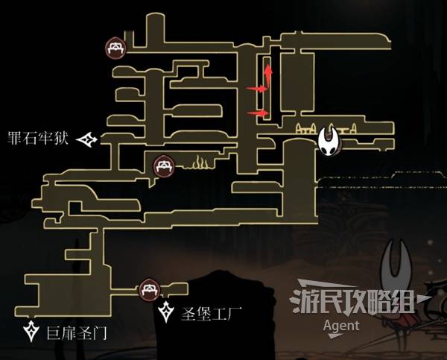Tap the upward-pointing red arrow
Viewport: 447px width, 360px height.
pos(267,74)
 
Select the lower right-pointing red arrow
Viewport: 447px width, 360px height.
pos(258,113)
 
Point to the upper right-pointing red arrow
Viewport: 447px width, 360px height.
pos(256,89)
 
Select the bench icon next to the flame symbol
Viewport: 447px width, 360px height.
pos(164,165)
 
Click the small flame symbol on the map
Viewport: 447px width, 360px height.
pos(200,162)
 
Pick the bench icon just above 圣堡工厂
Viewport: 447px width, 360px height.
pos(148,288)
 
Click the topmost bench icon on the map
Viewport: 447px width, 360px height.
pos(115,49)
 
